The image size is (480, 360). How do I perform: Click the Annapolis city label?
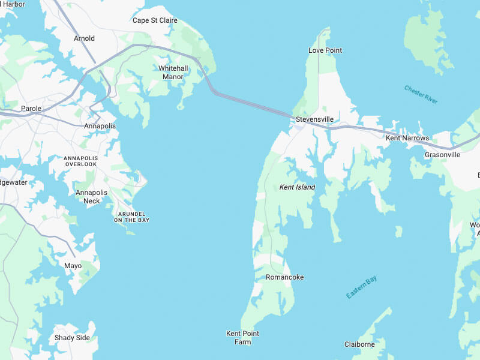pos(100,126)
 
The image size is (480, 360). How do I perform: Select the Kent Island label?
pos(297,187)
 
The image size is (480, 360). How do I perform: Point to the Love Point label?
pos(325,50)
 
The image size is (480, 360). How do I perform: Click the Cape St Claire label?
pos(155,20)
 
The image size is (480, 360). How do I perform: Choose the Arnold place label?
pos(84,38)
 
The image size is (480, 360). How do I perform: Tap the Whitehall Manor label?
pos(173,73)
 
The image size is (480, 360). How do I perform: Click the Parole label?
pos(31,109)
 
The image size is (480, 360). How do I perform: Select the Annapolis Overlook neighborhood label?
pos(80,161)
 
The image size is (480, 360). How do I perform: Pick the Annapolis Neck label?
pos(91,197)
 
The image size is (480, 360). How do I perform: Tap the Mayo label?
pos(73,266)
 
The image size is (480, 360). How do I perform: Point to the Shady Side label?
pos(72,338)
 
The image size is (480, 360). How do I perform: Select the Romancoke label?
pos(285,277)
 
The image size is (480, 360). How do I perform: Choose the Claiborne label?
pos(359,344)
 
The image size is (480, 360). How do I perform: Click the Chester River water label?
pos(421,95)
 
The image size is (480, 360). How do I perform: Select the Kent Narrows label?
pos(407,138)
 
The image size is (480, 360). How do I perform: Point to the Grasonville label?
pos(442,155)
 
